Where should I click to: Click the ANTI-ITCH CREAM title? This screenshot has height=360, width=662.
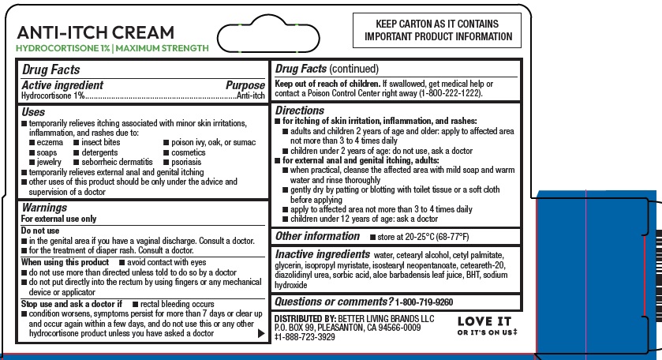click(95, 32)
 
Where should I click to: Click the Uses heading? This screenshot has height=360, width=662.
click(34, 112)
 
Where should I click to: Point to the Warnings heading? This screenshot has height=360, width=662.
click(43, 208)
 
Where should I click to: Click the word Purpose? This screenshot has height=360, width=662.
click(245, 84)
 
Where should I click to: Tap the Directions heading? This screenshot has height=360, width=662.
click(299, 111)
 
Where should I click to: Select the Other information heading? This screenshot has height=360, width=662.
click(316, 236)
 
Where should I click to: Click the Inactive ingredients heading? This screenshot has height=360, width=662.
click(322, 254)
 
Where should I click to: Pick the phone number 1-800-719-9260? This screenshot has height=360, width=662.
click(425, 302)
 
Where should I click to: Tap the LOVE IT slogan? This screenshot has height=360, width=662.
click(484, 321)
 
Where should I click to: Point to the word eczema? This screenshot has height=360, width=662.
click(49, 142)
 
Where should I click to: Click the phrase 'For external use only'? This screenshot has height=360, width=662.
click(58, 219)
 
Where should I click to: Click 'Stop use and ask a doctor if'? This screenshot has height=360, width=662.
click(71, 303)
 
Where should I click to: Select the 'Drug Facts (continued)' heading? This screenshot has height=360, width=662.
click(326, 69)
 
